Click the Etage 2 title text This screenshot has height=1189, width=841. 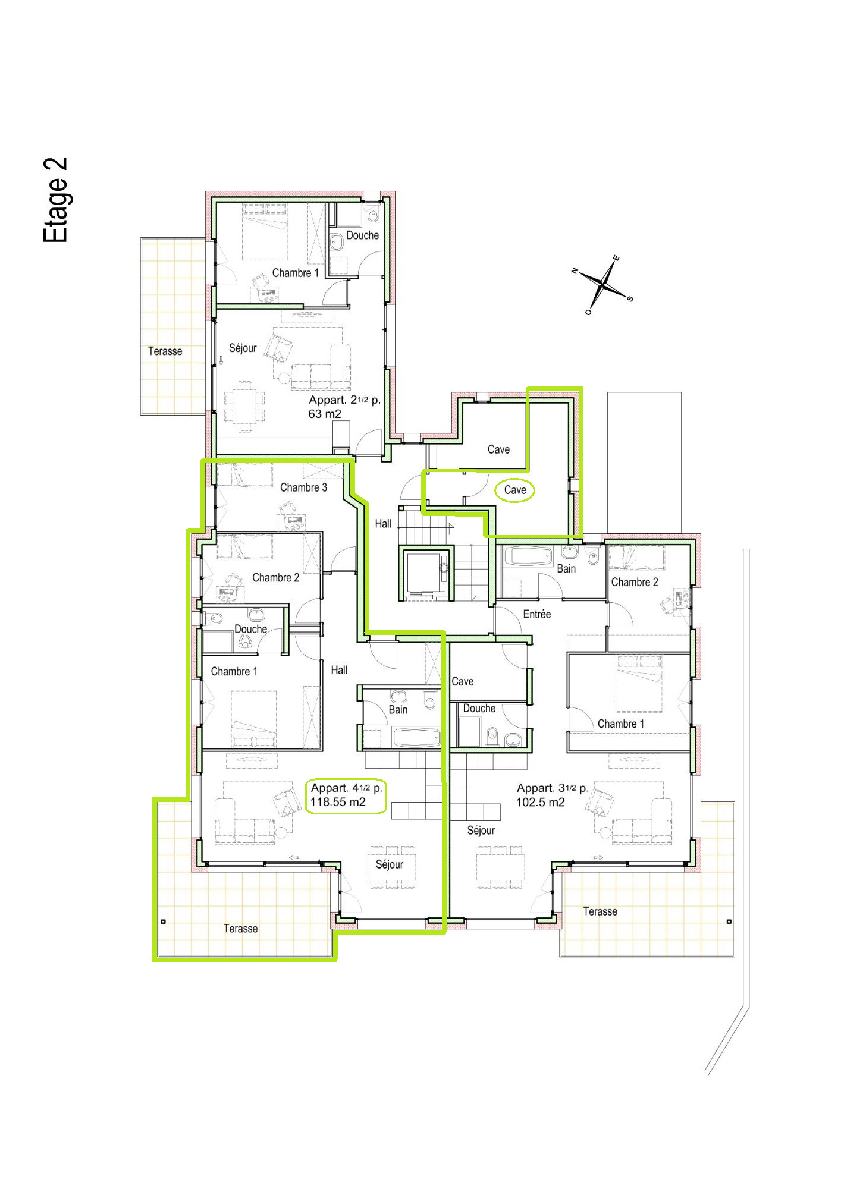click(x=55, y=200)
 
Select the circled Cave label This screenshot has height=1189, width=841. click(x=515, y=490)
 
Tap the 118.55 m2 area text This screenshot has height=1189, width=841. click(x=337, y=802)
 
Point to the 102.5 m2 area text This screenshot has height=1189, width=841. click(x=540, y=803)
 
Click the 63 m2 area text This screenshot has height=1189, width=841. click(x=325, y=414)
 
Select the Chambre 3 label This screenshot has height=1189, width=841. click(x=303, y=487)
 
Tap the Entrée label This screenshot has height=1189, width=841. click(x=536, y=614)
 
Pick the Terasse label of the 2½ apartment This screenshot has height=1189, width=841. click(x=165, y=351)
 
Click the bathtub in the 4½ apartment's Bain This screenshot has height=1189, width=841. click(x=416, y=738)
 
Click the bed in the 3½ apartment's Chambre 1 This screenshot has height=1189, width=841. click(x=639, y=684)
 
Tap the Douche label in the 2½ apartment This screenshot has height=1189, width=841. click(x=362, y=235)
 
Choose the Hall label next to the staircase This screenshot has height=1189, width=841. click(x=383, y=524)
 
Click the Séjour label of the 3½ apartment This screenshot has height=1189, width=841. click(x=481, y=831)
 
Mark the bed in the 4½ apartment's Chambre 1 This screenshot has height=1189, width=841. click(x=254, y=719)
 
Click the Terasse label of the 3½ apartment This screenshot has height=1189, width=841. click(x=600, y=911)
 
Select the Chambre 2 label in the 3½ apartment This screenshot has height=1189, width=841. click(x=634, y=583)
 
